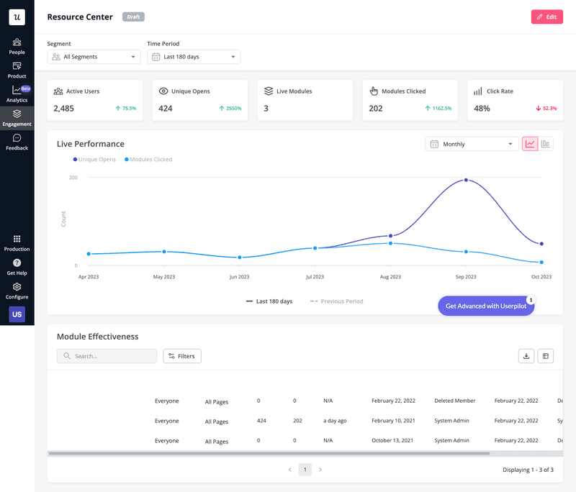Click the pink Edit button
tap(546, 17)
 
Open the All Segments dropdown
tap(94, 57)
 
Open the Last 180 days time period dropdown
tap(194, 57)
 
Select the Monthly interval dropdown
tap(472, 144)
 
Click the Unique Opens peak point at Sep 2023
tap(466, 180)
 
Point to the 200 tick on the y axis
tap(73, 177)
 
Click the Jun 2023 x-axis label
tap(239, 277)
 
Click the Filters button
tap(182, 356)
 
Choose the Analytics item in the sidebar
tap(17, 94)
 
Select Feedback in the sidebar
tap(17, 142)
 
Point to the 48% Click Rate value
tap(482, 109)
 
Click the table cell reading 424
tap(262, 421)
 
